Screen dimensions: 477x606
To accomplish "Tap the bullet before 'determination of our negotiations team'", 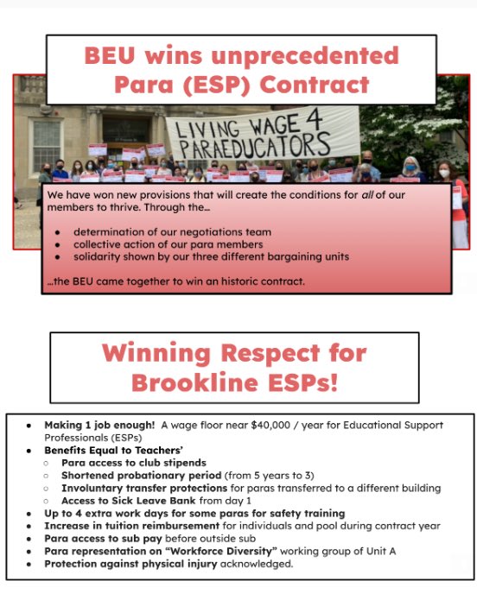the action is click(x=56, y=232).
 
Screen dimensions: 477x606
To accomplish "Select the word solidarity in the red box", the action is click(x=101, y=258).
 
